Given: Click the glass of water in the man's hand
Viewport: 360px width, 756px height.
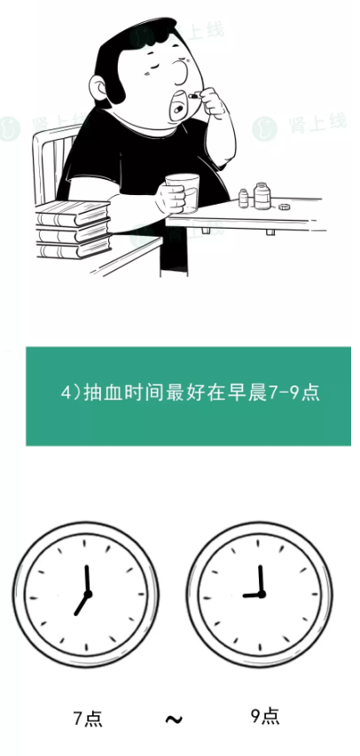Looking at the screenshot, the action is tap(183, 192).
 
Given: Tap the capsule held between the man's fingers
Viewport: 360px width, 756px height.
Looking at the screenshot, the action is tap(193, 96).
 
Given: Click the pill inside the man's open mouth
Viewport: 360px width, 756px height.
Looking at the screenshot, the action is tap(178, 109).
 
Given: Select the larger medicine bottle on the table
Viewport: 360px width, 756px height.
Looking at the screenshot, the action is tap(262, 196).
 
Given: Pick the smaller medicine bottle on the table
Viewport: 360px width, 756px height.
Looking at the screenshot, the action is tap(244, 199).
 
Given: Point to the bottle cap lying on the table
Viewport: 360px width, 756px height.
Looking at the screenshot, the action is tap(285, 207).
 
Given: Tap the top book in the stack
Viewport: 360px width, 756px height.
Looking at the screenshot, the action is tap(73, 213).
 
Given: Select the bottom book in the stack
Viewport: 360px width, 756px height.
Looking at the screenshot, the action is tap(74, 249).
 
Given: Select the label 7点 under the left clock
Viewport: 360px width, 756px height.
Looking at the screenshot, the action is tap(88, 719).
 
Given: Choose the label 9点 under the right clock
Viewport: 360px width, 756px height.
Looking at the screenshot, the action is tap(265, 715).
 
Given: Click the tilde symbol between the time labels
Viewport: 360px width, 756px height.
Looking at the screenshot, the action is tap(174, 720).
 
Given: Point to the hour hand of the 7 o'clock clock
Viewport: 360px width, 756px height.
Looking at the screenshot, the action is tap(81, 604).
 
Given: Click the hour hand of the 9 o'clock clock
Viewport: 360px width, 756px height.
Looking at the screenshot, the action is tap(252, 596).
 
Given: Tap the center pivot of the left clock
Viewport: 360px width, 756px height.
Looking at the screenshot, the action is tap(88, 594).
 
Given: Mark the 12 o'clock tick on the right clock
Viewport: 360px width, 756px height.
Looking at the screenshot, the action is tap(259, 542).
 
